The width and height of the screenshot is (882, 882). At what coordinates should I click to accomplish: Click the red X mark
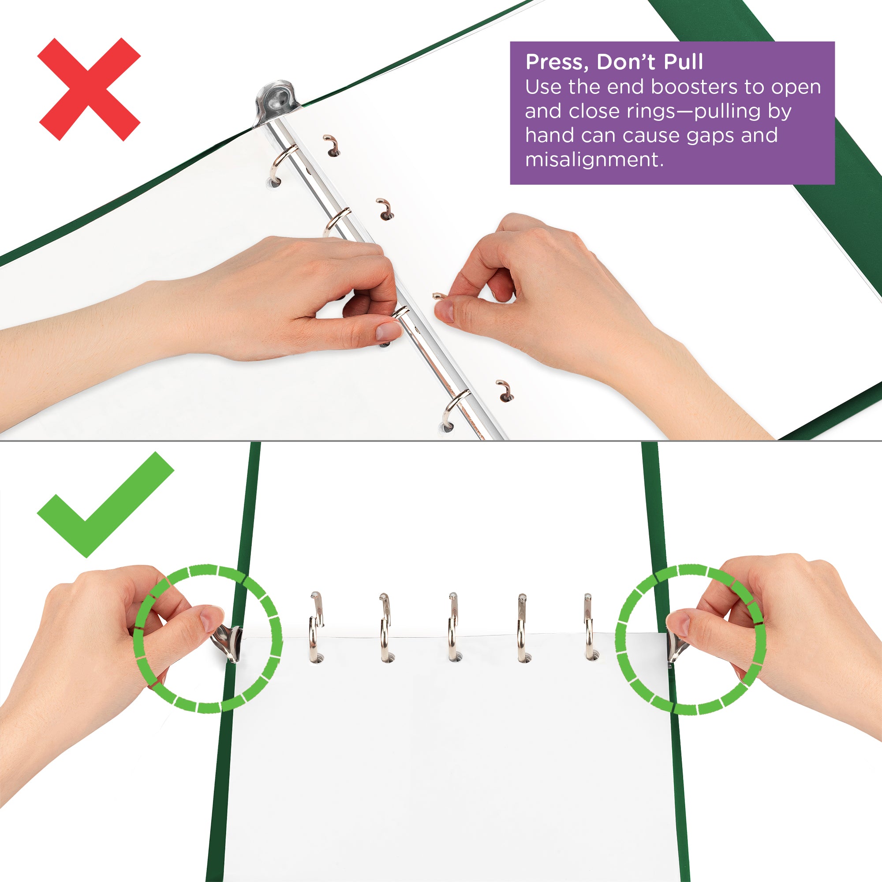[89, 89]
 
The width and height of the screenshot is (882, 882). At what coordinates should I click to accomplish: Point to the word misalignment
[594, 160]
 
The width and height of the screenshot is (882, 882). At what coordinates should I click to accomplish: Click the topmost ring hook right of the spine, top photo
[333, 145]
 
